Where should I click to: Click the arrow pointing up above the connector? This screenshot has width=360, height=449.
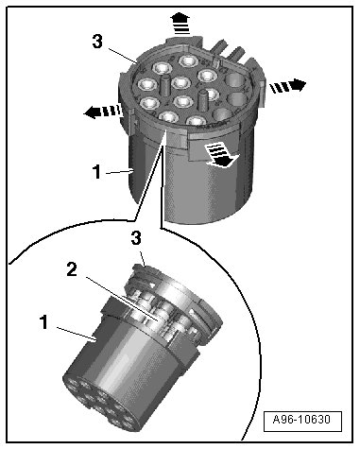pyautogui.click(x=181, y=23)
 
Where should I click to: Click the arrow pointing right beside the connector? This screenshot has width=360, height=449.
pyautogui.click(x=287, y=86)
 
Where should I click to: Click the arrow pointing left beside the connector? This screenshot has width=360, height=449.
pyautogui.click(x=103, y=112)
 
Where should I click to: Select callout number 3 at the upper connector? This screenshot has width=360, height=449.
pyautogui.click(x=97, y=42)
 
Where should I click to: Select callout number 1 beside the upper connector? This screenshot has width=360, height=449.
pyautogui.click(x=96, y=172)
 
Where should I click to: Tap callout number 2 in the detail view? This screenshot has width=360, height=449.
pyautogui.click(x=72, y=269)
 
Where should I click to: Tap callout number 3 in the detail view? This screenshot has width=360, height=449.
pyautogui.click(x=136, y=238)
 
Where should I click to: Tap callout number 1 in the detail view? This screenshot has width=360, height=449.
pyautogui.click(x=44, y=322)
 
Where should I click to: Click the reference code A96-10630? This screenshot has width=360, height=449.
pyautogui.click(x=302, y=420)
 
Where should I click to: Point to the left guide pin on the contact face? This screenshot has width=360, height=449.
pyautogui.click(x=164, y=84)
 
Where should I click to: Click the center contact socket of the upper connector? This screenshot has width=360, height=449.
pyautogui.click(x=182, y=83)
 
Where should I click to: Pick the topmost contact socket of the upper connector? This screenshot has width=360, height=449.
pyautogui.click(x=189, y=60)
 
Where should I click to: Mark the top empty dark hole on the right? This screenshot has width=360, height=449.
pyautogui.click(x=235, y=80)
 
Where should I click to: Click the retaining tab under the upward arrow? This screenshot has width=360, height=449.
pyautogui.click(x=182, y=41)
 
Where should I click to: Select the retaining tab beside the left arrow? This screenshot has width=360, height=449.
pyautogui.click(x=132, y=121)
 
